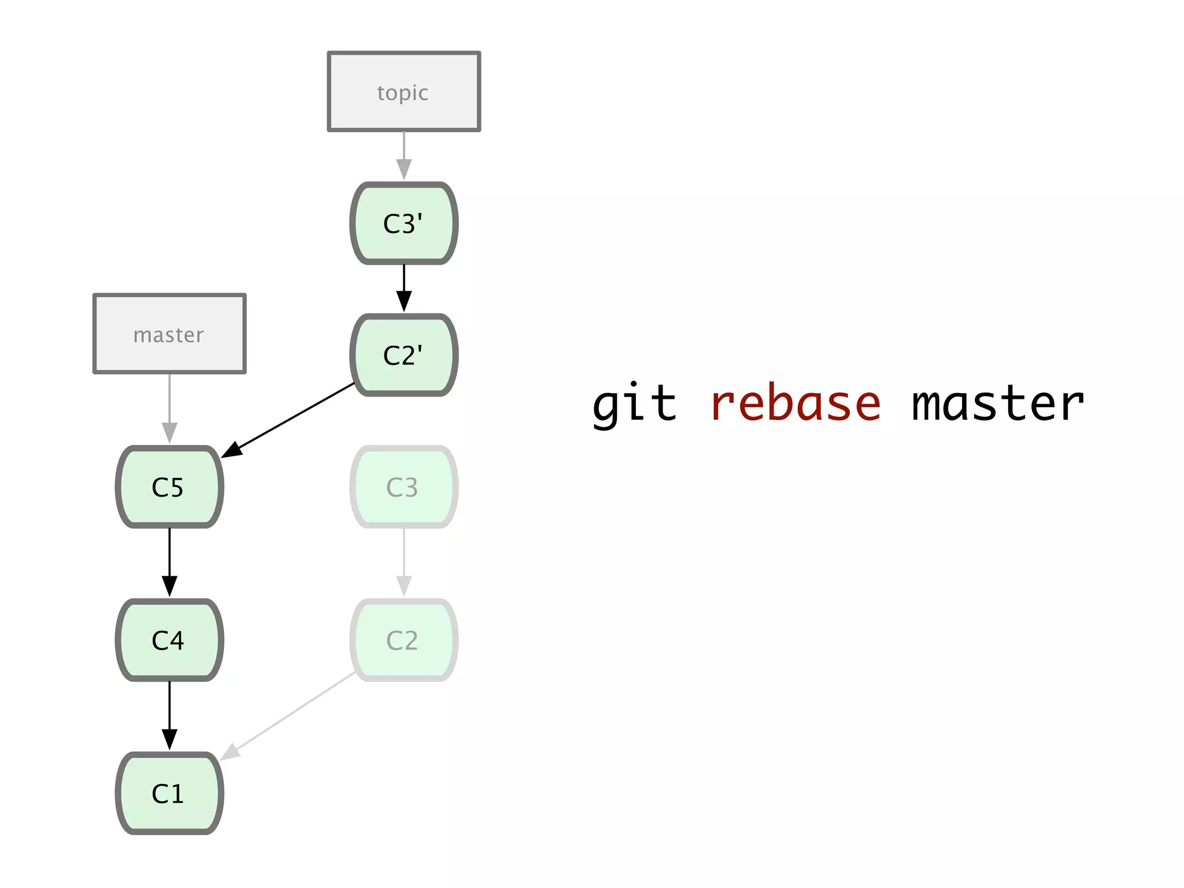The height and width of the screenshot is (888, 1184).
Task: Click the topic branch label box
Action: [404, 92]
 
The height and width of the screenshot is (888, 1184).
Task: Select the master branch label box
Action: [169, 334]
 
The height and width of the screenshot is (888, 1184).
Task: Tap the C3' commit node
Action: [404, 224]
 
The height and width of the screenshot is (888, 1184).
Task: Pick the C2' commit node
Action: [404, 355]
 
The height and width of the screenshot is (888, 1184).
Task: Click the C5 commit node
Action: [169, 487]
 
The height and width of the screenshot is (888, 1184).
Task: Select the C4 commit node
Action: [169, 640]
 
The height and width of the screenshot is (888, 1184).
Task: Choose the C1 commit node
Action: [169, 793]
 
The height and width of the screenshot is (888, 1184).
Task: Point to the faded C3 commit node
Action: [404, 487]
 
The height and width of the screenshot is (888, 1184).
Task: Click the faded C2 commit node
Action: [404, 640]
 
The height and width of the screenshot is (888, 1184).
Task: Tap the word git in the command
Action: [635, 404]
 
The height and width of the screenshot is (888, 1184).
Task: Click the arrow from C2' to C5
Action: [289, 420]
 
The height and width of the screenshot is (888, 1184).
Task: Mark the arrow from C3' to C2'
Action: [404, 288]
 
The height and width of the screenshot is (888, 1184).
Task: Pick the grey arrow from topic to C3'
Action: [404, 155]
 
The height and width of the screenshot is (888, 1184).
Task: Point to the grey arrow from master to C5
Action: [169, 408]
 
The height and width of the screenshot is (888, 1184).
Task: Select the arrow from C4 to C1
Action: [169, 715]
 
